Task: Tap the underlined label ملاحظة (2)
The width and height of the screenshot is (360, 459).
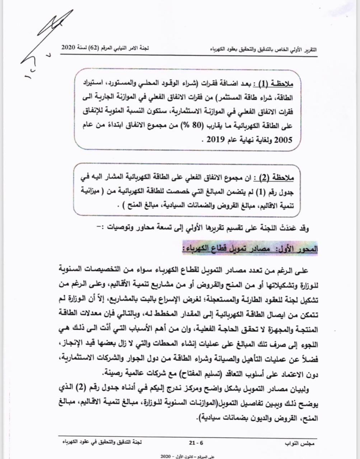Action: (275, 177)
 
